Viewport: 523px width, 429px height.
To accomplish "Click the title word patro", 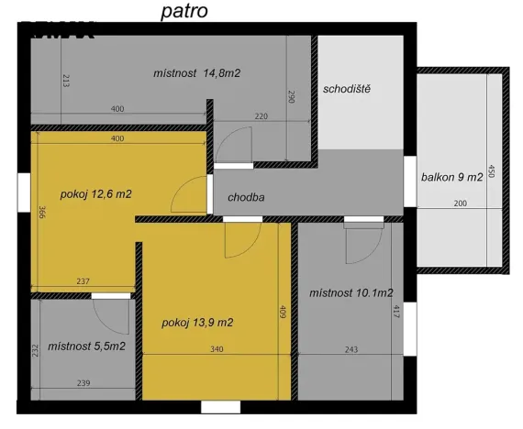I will (x=184, y=11).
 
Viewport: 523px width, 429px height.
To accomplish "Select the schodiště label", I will (x=346, y=89).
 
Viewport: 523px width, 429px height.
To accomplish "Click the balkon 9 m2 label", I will (x=451, y=177).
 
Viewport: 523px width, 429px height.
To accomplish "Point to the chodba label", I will (x=247, y=197).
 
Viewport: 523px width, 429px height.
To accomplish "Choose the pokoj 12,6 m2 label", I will (x=96, y=193).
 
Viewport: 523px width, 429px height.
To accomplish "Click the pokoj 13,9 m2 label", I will (x=197, y=323).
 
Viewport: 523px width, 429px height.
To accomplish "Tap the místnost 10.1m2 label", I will (x=351, y=293).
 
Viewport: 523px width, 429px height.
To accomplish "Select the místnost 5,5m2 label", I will (x=87, y=346).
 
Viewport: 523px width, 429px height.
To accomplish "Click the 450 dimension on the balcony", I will (x=492, y=171).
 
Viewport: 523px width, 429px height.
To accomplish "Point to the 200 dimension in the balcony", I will (x=459, y=203).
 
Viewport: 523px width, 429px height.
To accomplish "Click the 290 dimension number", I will (x=291, y=97).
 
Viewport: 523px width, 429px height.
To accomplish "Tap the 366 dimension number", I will (x=41, y=213).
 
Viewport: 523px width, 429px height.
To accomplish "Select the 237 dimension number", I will (x=82, y=282).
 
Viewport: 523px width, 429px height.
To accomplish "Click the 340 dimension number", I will (x=217, y=349).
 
